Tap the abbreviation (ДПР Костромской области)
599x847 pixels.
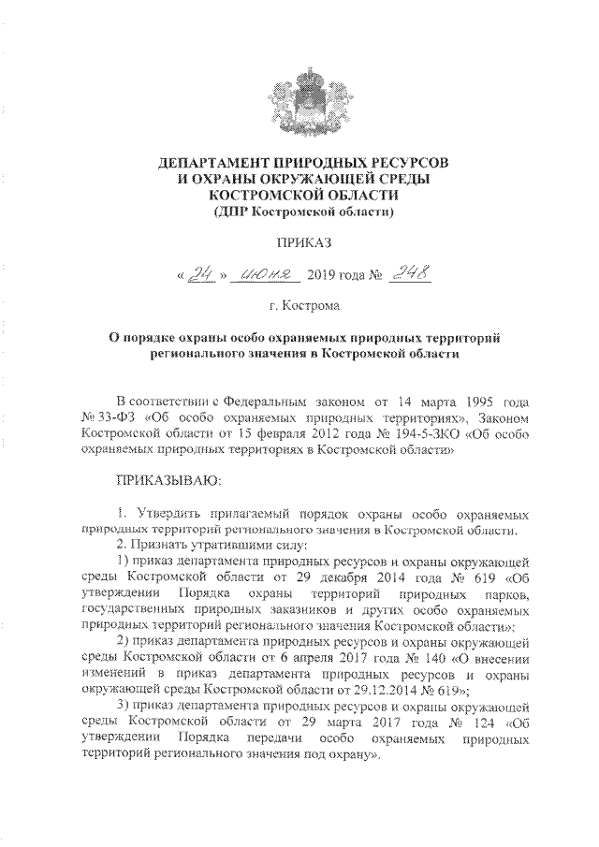(299, 212)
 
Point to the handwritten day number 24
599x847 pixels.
(198, 274)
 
